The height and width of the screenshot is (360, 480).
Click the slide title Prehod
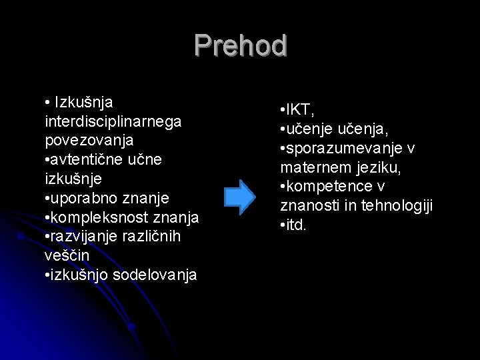point(241,46)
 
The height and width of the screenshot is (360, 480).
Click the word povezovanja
point(89,141)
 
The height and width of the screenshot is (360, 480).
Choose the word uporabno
point(81,199)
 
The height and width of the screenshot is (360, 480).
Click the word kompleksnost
point(97,217)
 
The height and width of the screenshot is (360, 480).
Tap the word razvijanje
point(86,237)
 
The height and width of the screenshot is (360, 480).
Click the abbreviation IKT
point(300,108)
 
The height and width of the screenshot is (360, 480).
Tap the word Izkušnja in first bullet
point(84,103)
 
